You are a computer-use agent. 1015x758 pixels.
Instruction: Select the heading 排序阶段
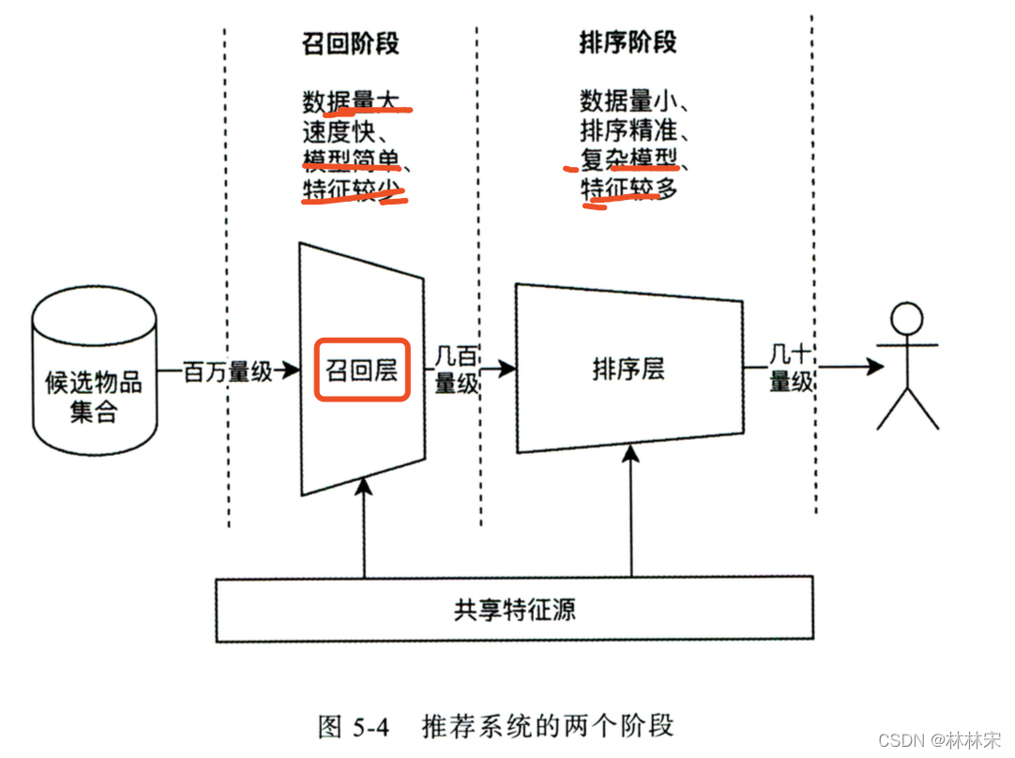pyautogui.click(x=628, y=44)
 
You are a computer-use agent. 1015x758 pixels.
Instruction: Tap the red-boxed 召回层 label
pyautogui.click(x=362, y=371)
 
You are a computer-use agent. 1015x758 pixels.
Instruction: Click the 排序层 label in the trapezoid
pyautogui.click(x=628, y=370)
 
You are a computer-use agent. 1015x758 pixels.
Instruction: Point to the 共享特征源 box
pyautogui.click(x=514, y=611)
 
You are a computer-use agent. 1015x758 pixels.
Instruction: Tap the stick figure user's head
pyautogui.click(x=906, y=319)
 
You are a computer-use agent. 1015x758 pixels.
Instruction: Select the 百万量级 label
pyautogui.click(x=227, y=371)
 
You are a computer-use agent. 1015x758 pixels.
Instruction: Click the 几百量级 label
pyautogui.click(x=457, y=370)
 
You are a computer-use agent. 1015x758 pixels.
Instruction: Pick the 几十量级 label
pyautogui.click(x=791, y=370)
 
